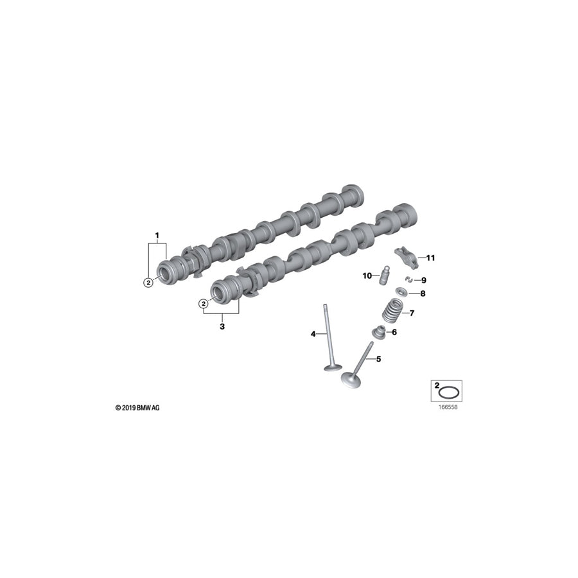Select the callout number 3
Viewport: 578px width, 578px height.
coord(222,326)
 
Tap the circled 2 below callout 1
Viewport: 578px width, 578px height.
coord(148,281)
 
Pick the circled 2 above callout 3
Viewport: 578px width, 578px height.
coord(204,303)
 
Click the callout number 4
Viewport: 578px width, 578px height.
coord(313,333)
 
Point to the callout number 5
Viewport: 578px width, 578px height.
coord(378,359)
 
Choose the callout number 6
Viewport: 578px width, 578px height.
coord(394,333)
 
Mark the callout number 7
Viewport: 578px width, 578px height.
coord(412,313)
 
